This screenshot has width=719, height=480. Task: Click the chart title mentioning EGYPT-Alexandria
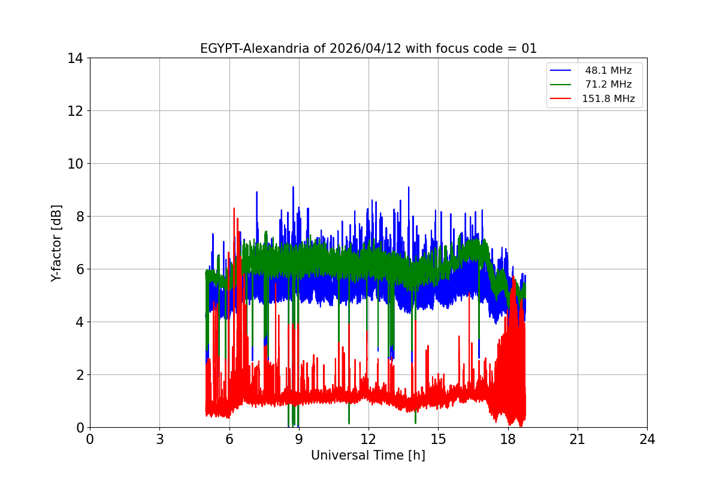(x=368, y=49)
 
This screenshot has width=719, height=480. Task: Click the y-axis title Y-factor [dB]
(x=56, y=243)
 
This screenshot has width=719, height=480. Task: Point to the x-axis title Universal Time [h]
(x=368, y=455)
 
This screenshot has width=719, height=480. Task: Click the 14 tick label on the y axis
(x=75, y=58)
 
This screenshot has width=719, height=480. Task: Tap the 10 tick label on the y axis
(x=75, y=164)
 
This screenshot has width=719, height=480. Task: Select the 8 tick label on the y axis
(x=78, y=217)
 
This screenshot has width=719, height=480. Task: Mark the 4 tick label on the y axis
(x=78, y=322)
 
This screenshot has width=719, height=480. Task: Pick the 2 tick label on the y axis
(x=78, y=375)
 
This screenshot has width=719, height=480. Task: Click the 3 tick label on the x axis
(x=159, y=439)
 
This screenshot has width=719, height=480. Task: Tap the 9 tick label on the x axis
(x=299, y=439)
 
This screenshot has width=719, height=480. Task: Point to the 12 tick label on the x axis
(x=368, y=439)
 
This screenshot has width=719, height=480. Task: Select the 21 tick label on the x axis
(x=578, y=439)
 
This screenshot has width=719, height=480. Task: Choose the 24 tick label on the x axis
(x=647, y=439)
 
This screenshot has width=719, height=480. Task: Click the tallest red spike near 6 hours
(x=234, y=209)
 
